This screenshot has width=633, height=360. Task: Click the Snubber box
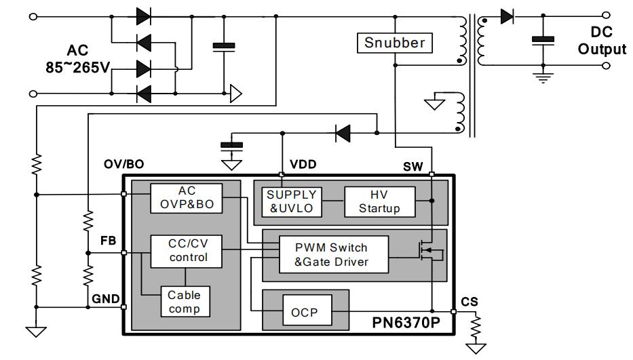pyautogui.click(x=395, y=43)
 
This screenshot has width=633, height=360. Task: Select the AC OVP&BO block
pyautogui.click(x=186, y=198)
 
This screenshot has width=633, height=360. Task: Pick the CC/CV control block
pyautogui.click(x=187, y=251)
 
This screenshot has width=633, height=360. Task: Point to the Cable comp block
pyautogui.click(x=185, y=301)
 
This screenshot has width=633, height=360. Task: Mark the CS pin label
pyautogui.click(x=469, y=300)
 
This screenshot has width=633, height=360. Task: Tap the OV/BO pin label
pyautogui.click(x=123, y=165)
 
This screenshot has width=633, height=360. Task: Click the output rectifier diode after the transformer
pyautogui.click(x=507, y=16)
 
